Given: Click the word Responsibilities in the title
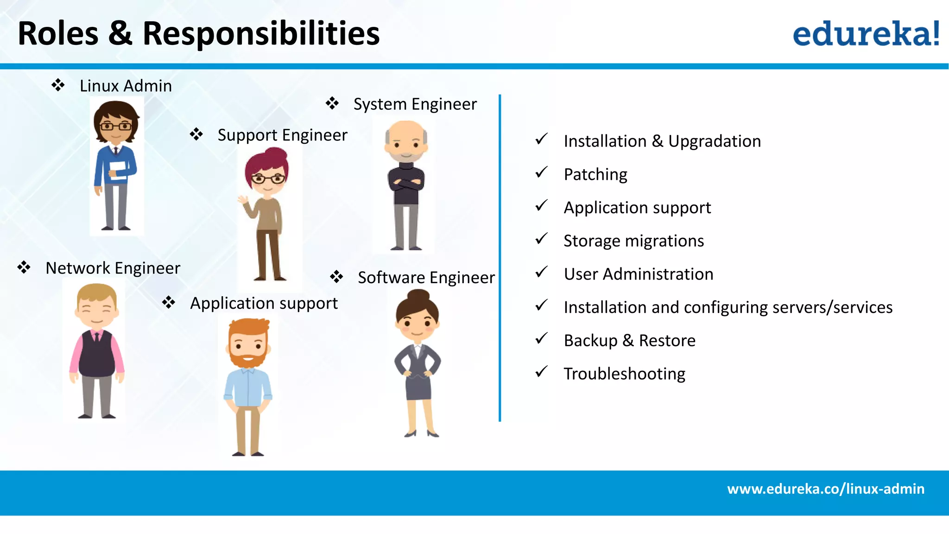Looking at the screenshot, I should (261, 34).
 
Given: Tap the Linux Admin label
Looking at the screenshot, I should (126, 86).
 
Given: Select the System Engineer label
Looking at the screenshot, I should (415, 104).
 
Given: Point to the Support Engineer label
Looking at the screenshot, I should (282, 135).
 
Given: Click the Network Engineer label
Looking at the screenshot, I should (113, 268).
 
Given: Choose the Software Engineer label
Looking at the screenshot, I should (426, 278).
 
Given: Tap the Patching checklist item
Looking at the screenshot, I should (595, 175).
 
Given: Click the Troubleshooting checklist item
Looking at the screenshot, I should (624, 374).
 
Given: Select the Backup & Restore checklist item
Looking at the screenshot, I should (629, 341).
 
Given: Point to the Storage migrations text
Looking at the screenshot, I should (633, 241).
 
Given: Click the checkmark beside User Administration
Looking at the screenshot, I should (541, 272).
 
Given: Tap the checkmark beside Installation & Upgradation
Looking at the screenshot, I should (541, 139).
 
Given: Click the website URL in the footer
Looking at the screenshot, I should (825, 489).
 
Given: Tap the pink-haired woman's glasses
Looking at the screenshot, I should (268, 178).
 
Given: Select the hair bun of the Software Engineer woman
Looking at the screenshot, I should (418, 295).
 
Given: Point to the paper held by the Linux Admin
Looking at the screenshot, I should (118, 171).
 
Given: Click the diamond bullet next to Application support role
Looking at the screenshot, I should (169, 303).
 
